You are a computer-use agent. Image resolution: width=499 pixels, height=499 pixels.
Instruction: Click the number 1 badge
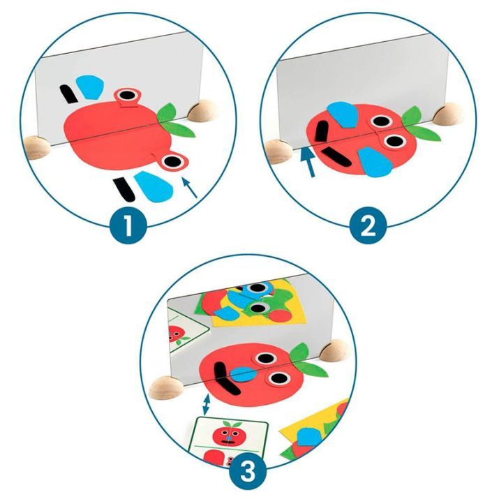coord(128,225)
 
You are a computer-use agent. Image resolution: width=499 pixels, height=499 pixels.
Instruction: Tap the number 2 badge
coord(368,225)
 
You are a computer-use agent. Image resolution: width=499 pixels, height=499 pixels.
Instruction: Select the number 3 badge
coord(248,470)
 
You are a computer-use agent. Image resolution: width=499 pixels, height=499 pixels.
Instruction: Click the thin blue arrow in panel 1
coord(190,188)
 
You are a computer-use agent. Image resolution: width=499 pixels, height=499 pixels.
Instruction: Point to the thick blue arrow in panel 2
coord(308,162)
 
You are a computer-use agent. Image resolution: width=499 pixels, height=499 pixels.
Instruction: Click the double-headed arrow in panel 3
coord(207,405)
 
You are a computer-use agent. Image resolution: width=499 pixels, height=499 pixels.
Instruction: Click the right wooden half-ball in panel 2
coord(449,114)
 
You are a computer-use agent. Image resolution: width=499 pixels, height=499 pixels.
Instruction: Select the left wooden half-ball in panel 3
coord(166,387)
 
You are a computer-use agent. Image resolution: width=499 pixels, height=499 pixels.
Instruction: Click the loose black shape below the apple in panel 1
coord(124,189)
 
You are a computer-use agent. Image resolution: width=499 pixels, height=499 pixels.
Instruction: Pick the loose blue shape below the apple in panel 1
coord(154,187)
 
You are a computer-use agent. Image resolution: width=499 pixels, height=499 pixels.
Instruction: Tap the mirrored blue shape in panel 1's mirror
coord(90,87)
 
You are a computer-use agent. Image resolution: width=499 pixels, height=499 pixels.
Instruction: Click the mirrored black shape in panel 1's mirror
coord(68,94)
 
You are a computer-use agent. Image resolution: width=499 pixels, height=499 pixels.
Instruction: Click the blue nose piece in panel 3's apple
coord(244,374)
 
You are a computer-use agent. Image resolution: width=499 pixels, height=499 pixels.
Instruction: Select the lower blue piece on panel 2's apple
coord(375,162)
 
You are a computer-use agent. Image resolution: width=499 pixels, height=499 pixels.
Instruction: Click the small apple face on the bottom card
coord(228,436)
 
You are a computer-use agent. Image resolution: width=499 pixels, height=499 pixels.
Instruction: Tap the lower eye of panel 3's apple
coord(278,379)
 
